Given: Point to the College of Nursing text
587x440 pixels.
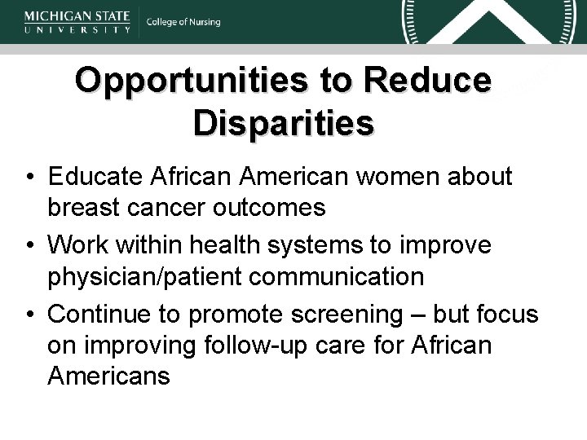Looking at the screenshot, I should coord(183,22).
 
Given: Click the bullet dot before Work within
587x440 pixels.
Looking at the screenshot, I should coord(29,245).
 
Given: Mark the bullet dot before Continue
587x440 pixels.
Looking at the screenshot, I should coord(29,315).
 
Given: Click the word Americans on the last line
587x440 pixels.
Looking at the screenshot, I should coord(108,376).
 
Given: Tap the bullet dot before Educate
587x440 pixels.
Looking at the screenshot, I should coord(29,177).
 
